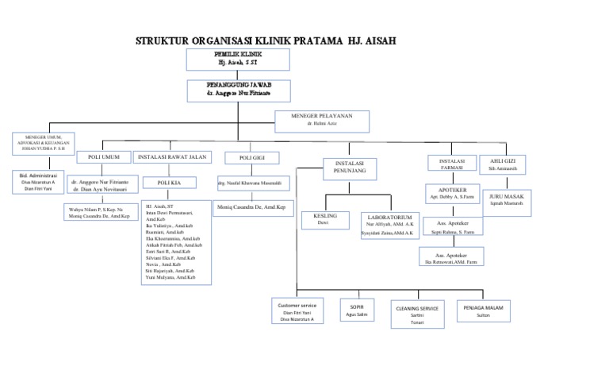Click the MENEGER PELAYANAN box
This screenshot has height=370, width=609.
point(321,121)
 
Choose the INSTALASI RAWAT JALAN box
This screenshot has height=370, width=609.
point(172,157)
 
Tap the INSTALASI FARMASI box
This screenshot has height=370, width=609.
point(446,164)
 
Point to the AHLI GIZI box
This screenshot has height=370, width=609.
point(504,164)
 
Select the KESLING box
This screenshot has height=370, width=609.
point(326,219)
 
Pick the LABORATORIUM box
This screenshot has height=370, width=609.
point(389,225)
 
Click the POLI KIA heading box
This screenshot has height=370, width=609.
point(170,183)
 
